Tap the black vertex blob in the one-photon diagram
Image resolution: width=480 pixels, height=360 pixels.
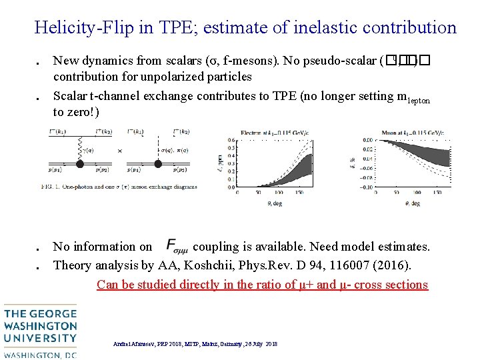98,163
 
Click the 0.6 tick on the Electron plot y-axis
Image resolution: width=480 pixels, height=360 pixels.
231,139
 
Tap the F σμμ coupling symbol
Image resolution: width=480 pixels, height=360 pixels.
175,246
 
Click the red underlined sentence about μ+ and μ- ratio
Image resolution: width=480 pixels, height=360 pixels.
262,285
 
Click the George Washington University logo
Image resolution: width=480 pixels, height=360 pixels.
39,331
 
